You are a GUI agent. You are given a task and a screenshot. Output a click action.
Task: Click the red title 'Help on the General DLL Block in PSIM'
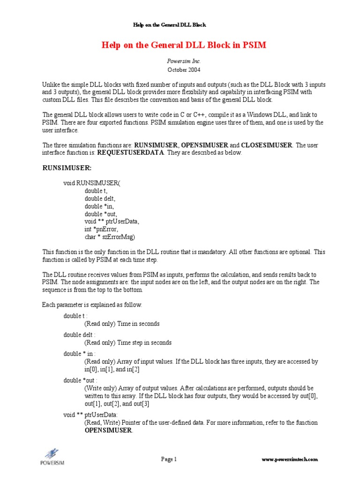click(180, 45)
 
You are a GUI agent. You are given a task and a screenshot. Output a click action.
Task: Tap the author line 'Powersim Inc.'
click(180, 61)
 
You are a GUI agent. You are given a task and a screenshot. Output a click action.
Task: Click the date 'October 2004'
click(180, 69)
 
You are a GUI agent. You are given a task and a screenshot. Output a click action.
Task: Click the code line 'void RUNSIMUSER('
click(92, 183)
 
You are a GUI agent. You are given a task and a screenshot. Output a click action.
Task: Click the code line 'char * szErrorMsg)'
click(110, 237)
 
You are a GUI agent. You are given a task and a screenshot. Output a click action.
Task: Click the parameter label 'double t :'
click(75, 316)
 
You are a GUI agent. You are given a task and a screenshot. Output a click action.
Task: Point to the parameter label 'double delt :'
click(79, 335)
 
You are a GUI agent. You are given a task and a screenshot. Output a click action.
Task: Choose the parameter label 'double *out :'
click(81, 381)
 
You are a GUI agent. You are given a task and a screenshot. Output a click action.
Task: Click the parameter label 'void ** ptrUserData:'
click(91, 415)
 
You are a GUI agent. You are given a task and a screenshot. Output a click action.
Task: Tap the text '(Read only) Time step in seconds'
click(128, 343)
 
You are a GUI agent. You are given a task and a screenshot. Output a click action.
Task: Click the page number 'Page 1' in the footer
click(169, 459)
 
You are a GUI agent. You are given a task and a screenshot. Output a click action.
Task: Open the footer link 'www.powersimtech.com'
click(290, 460)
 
